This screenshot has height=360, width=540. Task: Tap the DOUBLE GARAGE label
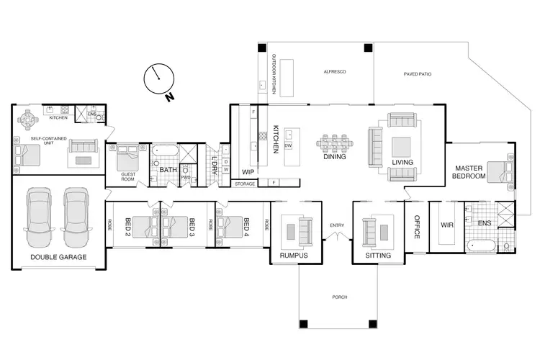58,257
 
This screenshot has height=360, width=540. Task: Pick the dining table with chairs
335,140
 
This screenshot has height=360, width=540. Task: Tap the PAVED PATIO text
417,74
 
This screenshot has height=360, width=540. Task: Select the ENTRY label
337,226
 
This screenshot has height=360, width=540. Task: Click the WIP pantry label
248,172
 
